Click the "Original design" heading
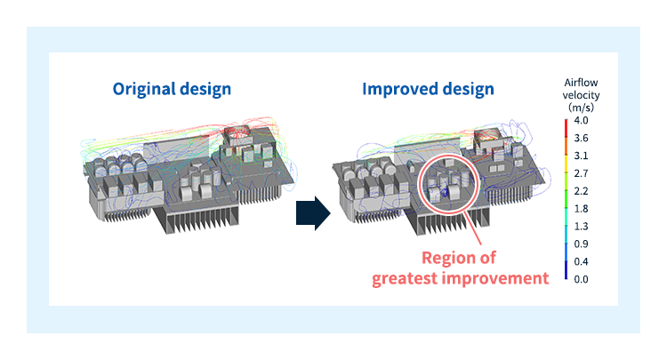coord(172,89)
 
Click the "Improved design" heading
coord(428,89)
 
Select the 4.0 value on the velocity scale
coord(581,121)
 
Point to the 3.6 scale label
coord(581,139)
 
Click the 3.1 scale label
coord(581,156)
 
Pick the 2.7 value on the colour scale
coord(581,173)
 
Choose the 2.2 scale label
coord(581,191)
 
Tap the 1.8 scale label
coord(581,208)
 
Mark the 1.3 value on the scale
coord(581,226)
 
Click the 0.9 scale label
coord(581,244)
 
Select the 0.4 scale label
coord(581,260)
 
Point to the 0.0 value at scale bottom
coord(581,278)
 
